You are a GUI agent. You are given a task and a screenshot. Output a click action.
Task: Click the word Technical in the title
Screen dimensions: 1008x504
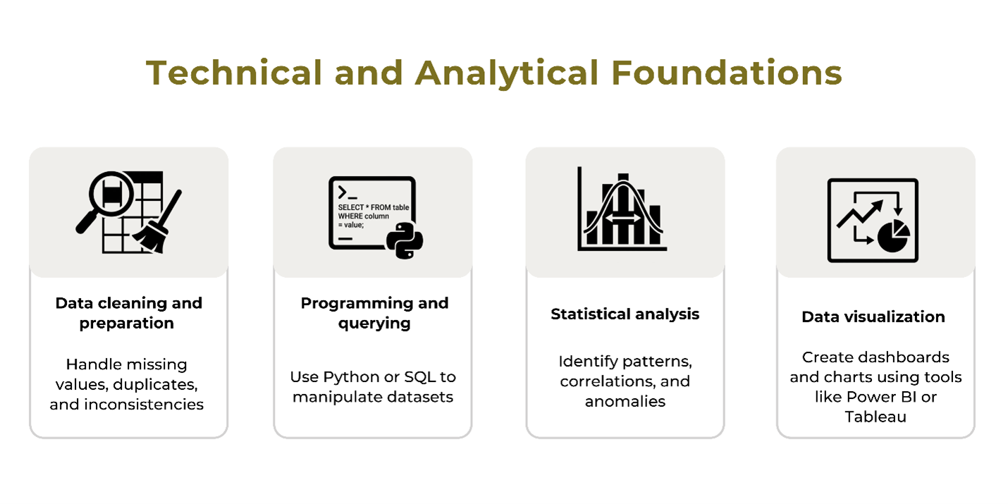click(x=234, y=73)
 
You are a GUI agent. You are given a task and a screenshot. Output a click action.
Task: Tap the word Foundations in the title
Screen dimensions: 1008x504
click(x=726, y=73)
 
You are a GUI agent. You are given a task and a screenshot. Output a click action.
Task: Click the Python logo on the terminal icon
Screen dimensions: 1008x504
click(x=405, y=240)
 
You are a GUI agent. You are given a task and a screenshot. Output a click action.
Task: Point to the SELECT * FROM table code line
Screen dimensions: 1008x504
click(x=374, y=207)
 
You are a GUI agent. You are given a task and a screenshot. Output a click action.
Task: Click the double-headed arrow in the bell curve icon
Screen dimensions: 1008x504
click(x=623, y=218)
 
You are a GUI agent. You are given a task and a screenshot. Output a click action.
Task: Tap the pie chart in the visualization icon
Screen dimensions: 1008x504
click(x=894, y=236)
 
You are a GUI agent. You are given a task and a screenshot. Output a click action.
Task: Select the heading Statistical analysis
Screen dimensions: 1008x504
click(x=625, y=314)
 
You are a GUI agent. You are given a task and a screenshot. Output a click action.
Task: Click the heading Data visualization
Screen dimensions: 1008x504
click(x=873, y=316)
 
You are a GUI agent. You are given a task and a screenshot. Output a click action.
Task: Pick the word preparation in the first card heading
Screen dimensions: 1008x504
click(x=126, y=324)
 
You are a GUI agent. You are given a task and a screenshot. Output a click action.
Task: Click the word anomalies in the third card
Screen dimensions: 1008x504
click(x=625, y=401)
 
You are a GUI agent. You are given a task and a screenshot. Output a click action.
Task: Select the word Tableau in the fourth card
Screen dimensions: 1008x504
click(x=875, y=417)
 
